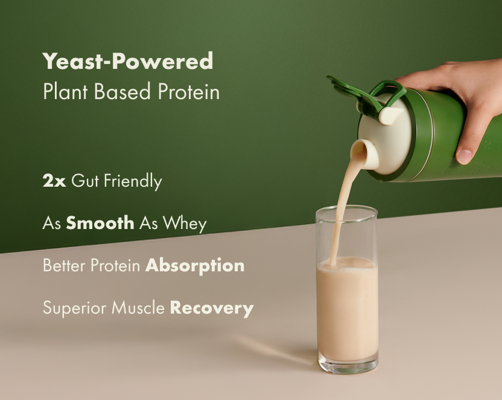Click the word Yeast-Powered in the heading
pos(128,61)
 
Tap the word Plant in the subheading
pos(65,91)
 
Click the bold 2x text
pos(54,181)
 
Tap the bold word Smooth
pos(100,223)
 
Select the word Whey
pos(185,224)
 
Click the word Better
pos(64,265)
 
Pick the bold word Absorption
pos(195,266)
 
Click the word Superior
pos(75,308)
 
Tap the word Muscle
pos(138,308)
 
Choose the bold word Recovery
pos(212,308)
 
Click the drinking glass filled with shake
pos(347,290)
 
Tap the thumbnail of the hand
pos(464,156)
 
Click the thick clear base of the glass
pos(348,366)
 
